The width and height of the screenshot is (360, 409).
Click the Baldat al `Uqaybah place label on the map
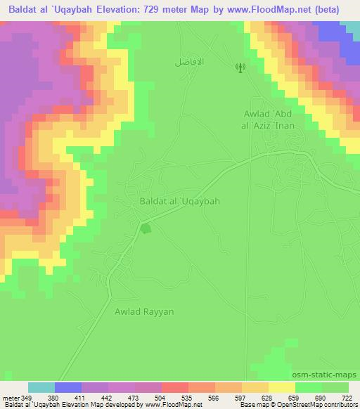point(180,201)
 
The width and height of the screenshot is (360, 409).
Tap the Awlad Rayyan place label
point(144,311)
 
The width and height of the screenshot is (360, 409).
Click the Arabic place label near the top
point(189,62)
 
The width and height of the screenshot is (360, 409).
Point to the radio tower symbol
point(239,67)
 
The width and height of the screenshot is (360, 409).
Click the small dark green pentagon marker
point(146,228)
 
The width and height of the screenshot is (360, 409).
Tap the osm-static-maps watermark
point(330,375)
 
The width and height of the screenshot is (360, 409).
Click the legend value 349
point(28,398)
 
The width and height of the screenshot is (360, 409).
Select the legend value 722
point(347,398)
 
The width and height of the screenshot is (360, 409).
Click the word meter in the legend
point(10,398)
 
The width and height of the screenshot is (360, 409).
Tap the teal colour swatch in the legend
point(41,387)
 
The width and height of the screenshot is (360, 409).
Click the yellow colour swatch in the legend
point(281,387)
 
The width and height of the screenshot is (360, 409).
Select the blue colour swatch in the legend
point(68,387)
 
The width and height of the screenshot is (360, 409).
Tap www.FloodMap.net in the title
point(275,10)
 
